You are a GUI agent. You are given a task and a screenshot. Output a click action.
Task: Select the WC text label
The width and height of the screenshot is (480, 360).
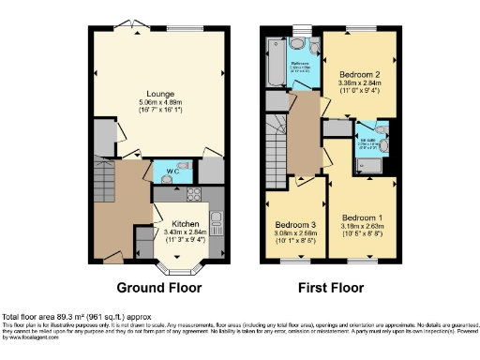coord(172,172)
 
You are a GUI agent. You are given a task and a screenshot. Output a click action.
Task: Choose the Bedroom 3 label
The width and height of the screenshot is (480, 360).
coord(295,225)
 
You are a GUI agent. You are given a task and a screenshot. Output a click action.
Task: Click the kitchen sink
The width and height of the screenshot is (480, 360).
coord(215,223)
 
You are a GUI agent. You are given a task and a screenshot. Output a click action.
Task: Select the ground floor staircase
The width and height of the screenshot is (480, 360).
coord(107,182)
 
